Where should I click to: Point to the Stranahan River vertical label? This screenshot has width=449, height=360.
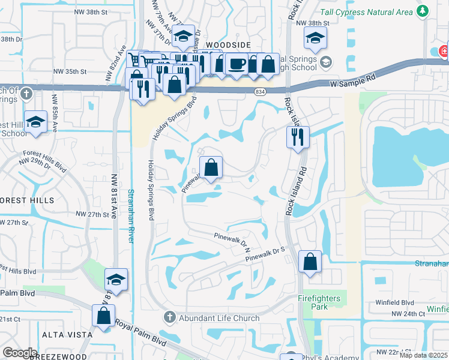[131, 216]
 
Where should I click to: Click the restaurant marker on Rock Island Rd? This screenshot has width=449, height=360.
[298, 137]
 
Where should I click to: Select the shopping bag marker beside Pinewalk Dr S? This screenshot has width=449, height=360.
[310, 262]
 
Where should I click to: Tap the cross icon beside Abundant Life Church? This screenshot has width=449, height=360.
[170, 317]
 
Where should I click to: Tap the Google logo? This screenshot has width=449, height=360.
[20, 353]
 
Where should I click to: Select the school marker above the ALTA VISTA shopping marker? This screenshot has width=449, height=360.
[116, 280]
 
